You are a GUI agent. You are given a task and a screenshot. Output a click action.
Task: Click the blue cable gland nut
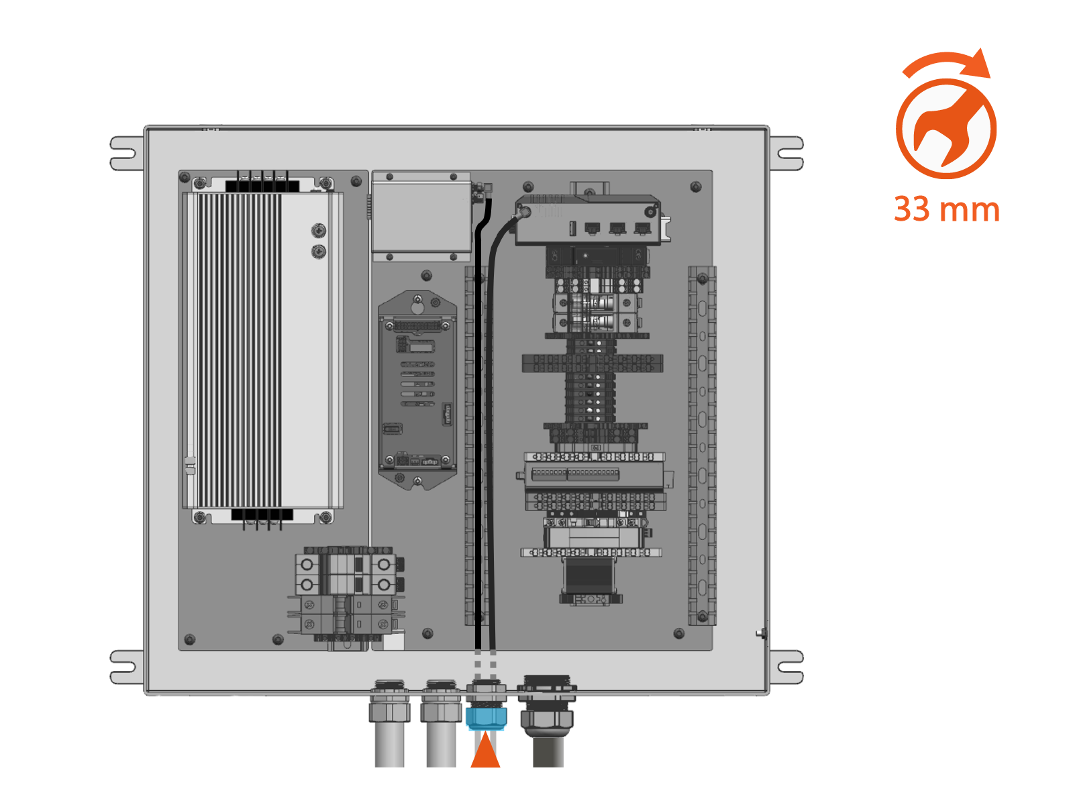click(486, 719)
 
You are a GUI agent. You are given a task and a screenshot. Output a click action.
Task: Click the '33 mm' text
click(947, 209)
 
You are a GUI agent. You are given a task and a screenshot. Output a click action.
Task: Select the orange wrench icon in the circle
click(945, 129)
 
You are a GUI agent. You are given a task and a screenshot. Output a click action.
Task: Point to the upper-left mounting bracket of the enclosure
click(126, 154)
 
